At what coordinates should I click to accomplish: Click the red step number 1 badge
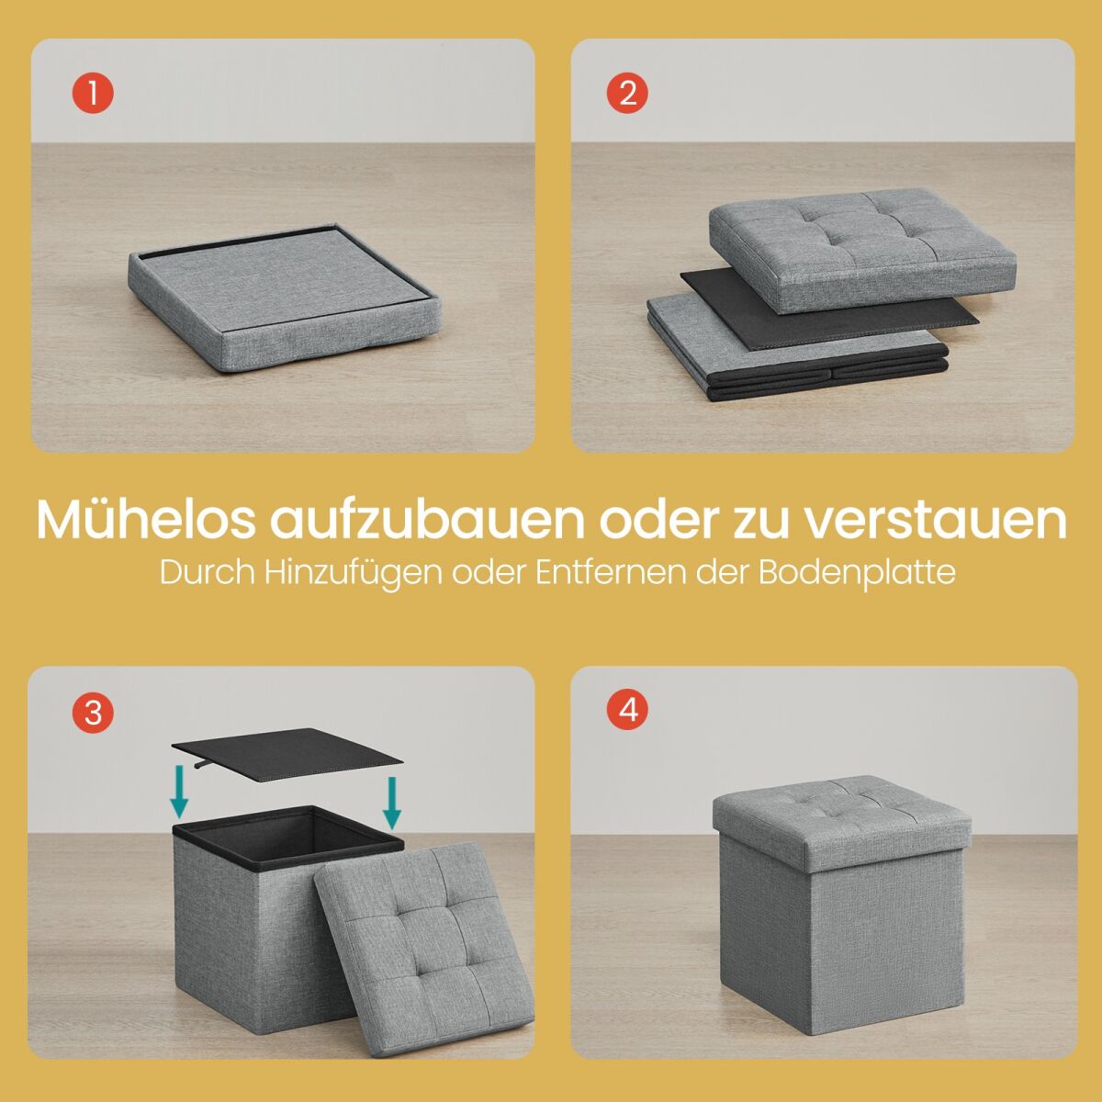[x=93, y=93]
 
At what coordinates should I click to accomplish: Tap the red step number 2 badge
[x=627, y=93]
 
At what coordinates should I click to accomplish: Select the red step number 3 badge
[x=93, y=714]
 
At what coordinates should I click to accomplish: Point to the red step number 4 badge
[x=627, y=710]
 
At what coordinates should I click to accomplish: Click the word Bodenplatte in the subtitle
[x=857, y=573]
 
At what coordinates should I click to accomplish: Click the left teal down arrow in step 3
[x=180, y=793]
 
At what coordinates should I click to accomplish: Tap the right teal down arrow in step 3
[x=392, y=803]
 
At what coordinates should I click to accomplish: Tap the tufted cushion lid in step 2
[x=862, y=250]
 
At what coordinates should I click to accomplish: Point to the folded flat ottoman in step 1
[x=284, y=297]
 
